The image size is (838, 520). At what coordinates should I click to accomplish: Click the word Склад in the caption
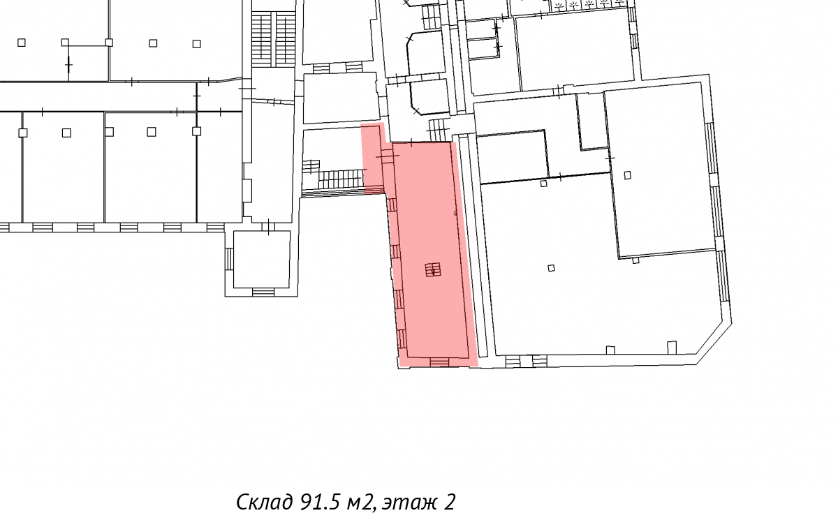265,502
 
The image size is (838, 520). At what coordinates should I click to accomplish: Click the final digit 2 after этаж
450,502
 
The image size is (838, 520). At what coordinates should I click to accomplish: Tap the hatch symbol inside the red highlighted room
433,269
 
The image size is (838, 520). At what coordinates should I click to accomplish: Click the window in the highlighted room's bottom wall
439,362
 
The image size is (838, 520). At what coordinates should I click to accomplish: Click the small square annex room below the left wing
261,259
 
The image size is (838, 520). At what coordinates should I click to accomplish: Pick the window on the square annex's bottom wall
263,292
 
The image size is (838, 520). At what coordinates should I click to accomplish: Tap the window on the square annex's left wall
229,258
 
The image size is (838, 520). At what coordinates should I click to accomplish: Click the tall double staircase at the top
274,38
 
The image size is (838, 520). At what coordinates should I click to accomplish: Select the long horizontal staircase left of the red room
341,179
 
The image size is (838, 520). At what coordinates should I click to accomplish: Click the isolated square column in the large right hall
551,267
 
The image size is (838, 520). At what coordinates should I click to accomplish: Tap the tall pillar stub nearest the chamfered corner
672,348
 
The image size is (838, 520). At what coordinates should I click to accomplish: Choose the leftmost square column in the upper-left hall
22,43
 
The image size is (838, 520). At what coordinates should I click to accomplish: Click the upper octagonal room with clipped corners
426,52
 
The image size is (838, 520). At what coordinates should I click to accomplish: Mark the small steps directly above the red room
439,130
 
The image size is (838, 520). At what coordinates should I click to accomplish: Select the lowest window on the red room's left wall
402,339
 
